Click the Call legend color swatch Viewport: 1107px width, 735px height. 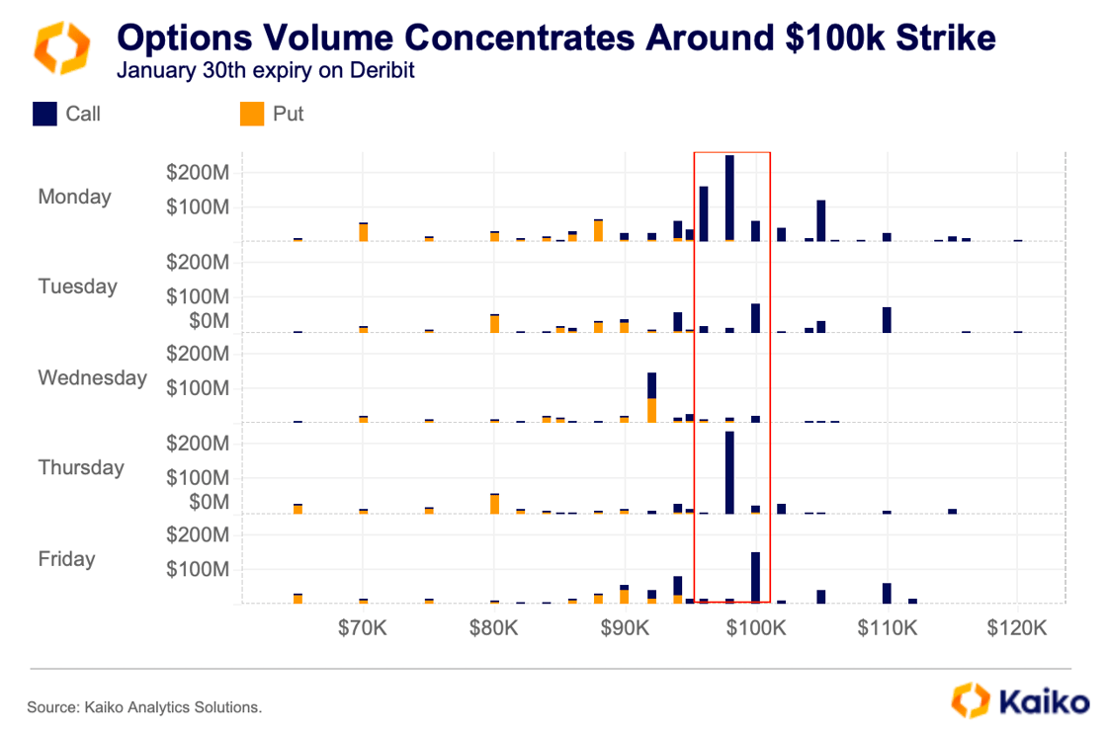coord(44,114)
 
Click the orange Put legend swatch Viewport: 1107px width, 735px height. coord(252,114)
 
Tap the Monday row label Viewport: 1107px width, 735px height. coord(74,197)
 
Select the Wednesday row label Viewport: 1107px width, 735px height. coord(92,377)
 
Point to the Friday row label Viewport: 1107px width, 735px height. coord(66,559)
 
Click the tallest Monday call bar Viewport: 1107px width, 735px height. coord(729,198)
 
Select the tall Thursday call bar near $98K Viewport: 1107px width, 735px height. coord(729,472)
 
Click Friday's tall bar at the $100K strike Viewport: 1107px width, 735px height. coord(755,577)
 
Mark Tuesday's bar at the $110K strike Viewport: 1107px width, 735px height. coord(888,319)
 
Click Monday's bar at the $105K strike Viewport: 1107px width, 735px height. coord(821,220)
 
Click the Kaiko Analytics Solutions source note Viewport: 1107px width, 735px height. coord(144,707)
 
